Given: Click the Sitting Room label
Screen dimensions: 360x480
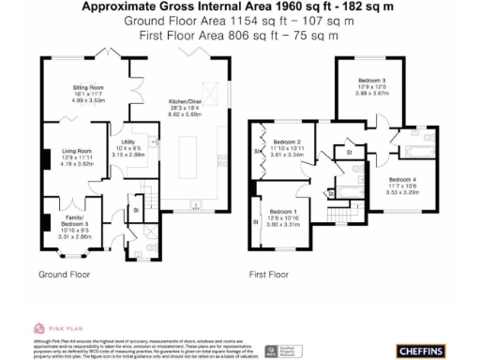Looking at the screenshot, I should (x=89, y=87).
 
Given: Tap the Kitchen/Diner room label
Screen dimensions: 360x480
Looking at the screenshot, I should (x=185, y=100).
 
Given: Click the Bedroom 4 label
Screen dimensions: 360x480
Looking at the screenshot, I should (x=400, y=179).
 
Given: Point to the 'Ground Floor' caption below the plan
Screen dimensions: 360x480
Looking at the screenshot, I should (x=64, y=276).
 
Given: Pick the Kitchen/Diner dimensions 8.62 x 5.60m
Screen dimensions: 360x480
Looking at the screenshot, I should (x=185, y=113).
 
